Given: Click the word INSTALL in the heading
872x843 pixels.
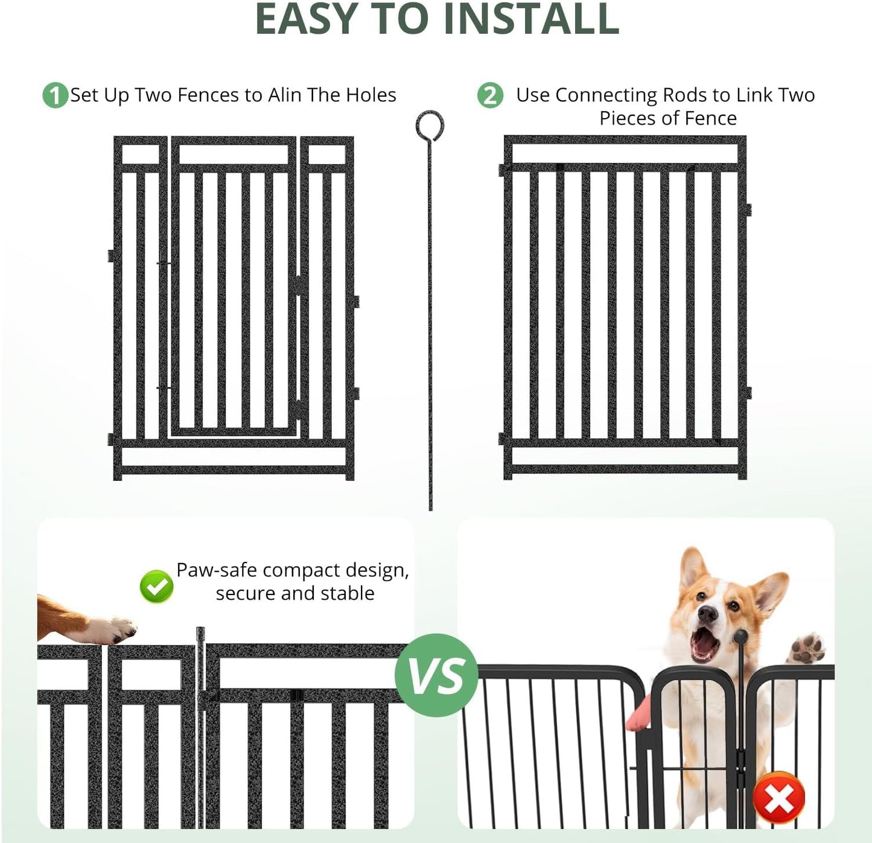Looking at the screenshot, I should (x=531, y=19).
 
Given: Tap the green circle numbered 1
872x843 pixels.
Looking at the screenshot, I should (x=55, y=95).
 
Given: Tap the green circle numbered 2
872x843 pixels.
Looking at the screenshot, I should (x=490, y=95).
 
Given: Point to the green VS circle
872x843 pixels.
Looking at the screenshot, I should (x=436, y=675).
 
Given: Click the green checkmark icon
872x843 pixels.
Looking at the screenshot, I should (x=156, y=586).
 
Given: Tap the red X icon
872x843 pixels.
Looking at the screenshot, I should (x=779, y=798).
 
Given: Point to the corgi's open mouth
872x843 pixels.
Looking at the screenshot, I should (x=705, y=645).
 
